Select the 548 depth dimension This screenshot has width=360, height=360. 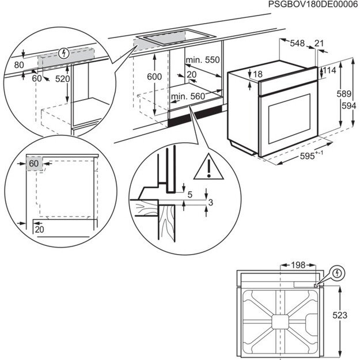pos(297,43)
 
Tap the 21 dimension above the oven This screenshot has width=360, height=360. pos(319,43)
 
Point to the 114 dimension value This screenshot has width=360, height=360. pos(329,70)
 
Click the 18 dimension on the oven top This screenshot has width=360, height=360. pos(257,74)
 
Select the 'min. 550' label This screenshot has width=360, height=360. pos(204,60)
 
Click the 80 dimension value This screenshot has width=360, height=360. pos(20,65)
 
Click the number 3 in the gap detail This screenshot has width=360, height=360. pos(211,202)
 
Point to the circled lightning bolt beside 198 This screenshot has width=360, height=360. pos(337,272)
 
